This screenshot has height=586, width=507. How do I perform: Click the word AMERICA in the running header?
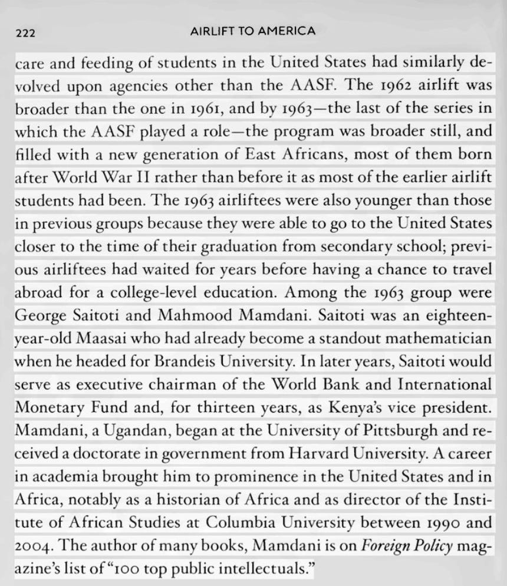point(285,31)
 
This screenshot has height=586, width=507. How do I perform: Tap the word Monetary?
point(46,409)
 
